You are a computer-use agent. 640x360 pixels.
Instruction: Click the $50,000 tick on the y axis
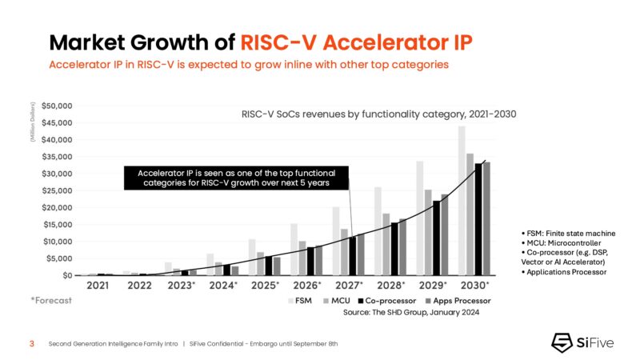point(57,106)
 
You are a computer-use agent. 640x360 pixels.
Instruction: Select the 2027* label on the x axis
point(349,285)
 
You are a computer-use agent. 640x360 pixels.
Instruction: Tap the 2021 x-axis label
point(98,285)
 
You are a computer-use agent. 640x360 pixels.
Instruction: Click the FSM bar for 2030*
point(462,201)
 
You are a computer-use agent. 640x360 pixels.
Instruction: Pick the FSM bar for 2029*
point(419,218)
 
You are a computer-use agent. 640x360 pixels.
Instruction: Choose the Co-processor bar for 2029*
point(436,238)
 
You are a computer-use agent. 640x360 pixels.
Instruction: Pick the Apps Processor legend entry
point(458,302)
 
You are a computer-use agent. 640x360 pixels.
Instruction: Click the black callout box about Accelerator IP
point(237,178)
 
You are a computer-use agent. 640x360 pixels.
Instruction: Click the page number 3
point(31,344)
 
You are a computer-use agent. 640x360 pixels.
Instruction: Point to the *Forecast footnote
point(51,301)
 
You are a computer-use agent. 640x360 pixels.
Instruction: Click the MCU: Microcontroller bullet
point(560,242)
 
